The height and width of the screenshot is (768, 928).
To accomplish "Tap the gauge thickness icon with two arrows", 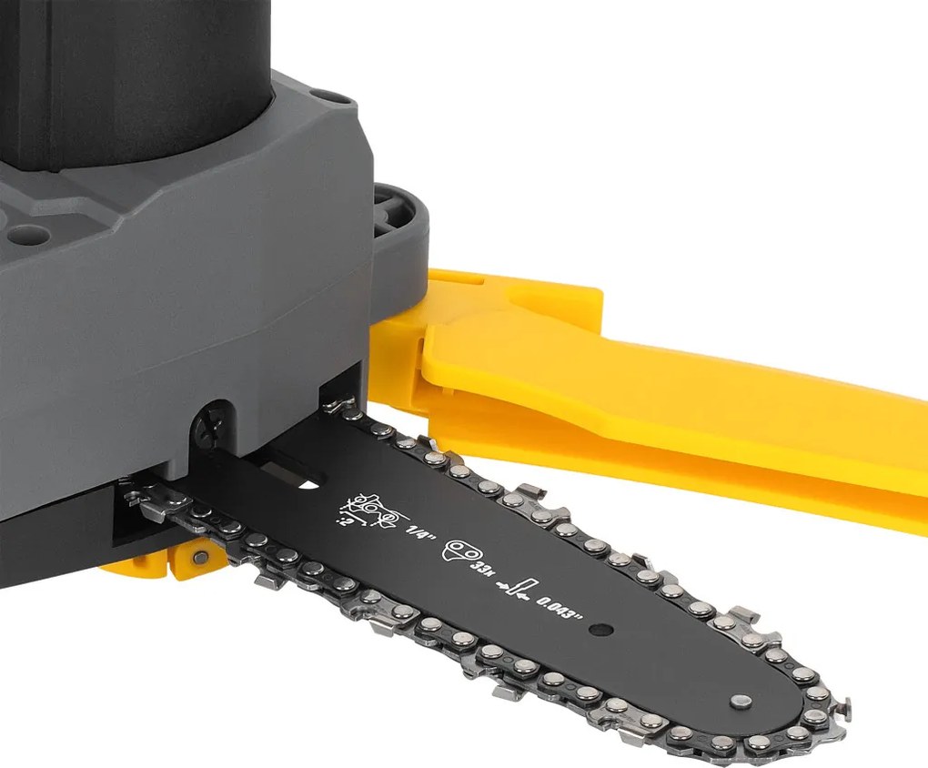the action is point(515,588).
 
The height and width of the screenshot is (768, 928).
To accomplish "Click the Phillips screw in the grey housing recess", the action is point(211,430).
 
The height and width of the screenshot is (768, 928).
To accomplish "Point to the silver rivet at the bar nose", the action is point(741,702).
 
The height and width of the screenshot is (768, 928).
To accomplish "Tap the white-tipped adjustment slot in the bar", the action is point(296,476).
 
